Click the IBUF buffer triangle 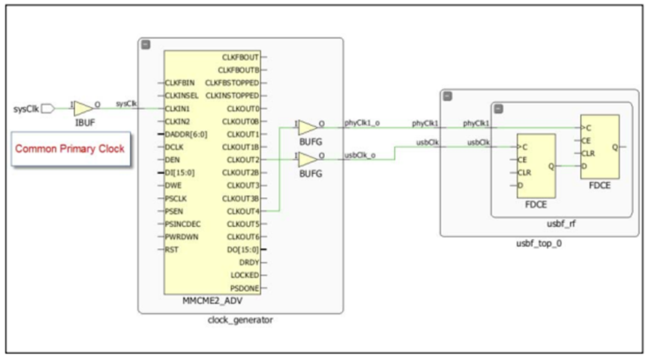[83, 109]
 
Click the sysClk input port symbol [47, 109]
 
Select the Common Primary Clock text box [68, 148]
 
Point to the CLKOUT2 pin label [242, 160]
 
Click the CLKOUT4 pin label [242, 211]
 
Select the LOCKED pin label [245, 275]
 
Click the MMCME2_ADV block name [212, 302]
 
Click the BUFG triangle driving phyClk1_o [308, 127]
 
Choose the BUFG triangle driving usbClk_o [308, 159]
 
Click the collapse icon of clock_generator [146, 44]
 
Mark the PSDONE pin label [245, 288]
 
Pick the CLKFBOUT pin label [241, 57]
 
